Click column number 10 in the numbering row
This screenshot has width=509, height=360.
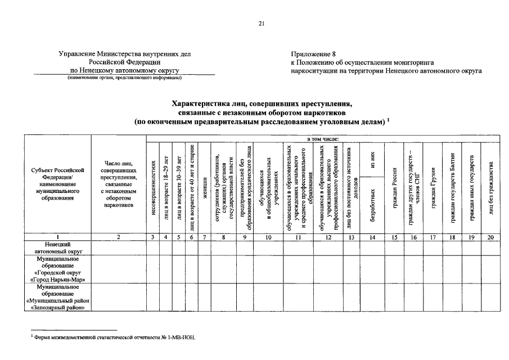pyautogui.click(x=268, y=237)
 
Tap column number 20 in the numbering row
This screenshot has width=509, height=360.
pyautogui.click(x=490, y=237)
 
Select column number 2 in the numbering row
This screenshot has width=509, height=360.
pyautogui.click(x=118, y=237)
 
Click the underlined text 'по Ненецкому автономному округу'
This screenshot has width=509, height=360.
pyautogui.click(x=124, y=71)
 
